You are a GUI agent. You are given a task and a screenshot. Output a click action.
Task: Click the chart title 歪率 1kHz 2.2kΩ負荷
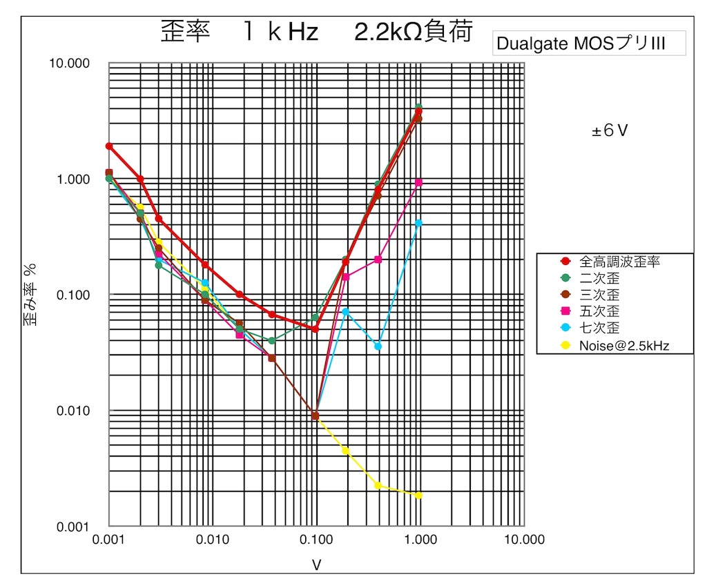pos(316,32)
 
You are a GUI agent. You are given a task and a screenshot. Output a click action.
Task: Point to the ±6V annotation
pos(610,130)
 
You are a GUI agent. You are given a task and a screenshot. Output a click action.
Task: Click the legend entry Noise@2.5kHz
pos(624,345)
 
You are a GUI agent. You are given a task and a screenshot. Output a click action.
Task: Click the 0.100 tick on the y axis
pos(72,295)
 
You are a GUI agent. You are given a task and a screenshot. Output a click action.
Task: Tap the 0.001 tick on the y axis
pos(72,527)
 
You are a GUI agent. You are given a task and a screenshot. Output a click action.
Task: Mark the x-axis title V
pos(316,565)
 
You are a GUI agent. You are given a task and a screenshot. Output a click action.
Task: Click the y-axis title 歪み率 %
pos(32,295)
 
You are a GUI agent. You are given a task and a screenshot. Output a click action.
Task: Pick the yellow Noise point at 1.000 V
pos(418,496)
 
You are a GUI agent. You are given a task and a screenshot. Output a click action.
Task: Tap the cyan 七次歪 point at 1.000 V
pos(418,223)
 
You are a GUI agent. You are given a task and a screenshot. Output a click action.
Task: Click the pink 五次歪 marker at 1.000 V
pos(418,182)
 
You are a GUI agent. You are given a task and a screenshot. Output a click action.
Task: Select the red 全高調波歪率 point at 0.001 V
pos(109,146)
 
